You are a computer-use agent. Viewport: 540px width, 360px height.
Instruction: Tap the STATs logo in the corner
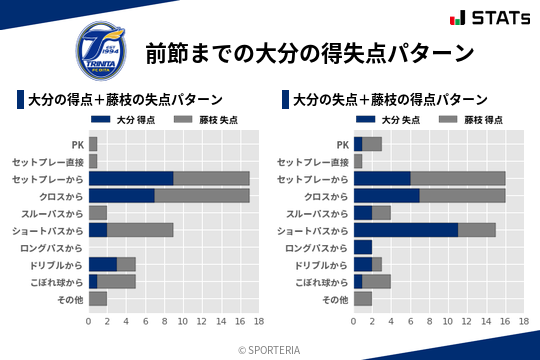point(489,18)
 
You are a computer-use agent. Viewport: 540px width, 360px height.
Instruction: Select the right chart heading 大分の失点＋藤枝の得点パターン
point(390,100)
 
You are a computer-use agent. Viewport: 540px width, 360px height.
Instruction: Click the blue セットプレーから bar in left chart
point(131,178)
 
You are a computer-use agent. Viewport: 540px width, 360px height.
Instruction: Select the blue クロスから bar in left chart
point(122,195)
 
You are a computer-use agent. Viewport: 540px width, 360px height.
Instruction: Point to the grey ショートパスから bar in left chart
point(140,230)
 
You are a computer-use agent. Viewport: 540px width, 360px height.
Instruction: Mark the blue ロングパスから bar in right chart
point(363,247)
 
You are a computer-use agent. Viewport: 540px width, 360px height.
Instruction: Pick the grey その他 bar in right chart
point(363,299)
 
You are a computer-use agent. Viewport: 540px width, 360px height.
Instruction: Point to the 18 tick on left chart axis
point(258,322)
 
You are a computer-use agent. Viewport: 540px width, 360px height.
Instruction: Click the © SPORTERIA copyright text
point(270,349)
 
